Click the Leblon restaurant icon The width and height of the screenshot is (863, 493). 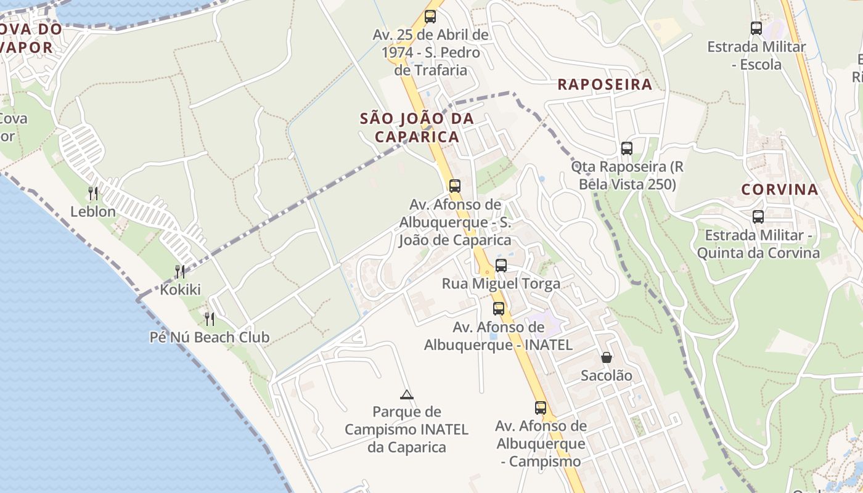93,194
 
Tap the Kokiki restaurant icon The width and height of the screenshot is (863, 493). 180,271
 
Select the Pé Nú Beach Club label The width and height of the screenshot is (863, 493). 210,337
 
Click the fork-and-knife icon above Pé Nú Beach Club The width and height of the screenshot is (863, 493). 210,319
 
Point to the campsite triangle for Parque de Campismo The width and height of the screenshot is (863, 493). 406,394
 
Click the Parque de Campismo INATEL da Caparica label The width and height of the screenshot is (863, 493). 406,429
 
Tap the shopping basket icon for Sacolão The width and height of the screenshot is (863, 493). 607,357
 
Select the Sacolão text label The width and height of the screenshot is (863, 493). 607,375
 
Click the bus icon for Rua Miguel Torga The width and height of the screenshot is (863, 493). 501,266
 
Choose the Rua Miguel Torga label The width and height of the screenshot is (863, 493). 501,283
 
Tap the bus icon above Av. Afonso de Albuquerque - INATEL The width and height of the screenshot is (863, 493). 498,309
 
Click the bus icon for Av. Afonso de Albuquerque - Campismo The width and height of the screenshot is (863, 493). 541,407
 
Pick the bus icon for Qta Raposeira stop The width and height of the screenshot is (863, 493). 627,149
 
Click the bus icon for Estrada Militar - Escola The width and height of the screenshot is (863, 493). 756,28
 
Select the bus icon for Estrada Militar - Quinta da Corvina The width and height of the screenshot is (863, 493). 758,217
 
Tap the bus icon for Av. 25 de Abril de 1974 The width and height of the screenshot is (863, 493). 430,17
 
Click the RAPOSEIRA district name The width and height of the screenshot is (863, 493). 605,84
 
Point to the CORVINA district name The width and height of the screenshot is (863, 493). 780,189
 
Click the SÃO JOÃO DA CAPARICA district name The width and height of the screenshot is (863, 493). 417,127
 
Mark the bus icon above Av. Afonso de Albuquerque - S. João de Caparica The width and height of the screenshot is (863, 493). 455,185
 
